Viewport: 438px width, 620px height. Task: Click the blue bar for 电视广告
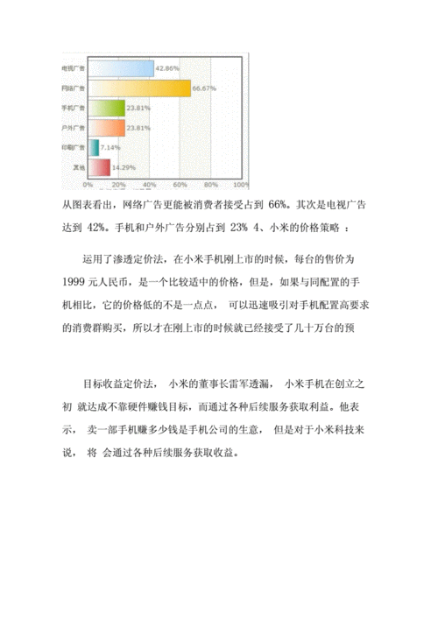(x=120, y=67)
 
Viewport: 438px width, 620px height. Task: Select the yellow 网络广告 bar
(x=138, y=88)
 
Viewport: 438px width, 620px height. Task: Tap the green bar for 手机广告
(x=106, y=108)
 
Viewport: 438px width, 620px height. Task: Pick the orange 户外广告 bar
(x=106, y=128)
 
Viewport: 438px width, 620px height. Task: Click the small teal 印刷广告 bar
(x=93, y=148)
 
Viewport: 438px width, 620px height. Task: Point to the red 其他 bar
(x=98, y=167)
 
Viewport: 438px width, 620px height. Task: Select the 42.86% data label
(x=167, y=67)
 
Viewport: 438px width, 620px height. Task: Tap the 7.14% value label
(x=111, y=148)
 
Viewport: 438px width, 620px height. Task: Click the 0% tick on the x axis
(x=88, y=186)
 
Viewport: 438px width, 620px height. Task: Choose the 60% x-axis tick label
(x=180, y=186)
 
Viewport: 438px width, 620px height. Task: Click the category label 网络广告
(x=73, y=88)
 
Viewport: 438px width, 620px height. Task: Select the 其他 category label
(x=77, y=168)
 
